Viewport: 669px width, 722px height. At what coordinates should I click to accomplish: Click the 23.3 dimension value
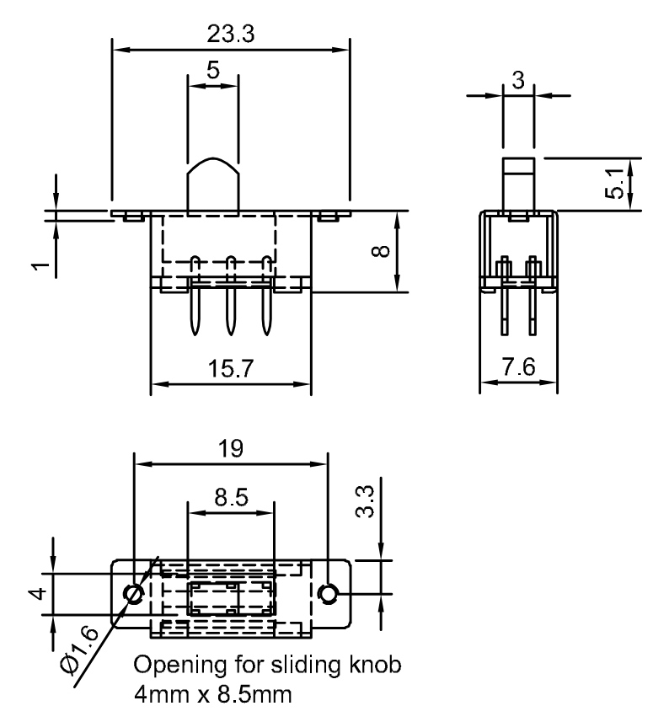[x=229, y=34]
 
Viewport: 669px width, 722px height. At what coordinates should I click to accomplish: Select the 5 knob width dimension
[x=212, y=71]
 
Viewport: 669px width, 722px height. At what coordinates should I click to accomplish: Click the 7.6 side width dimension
[x=516, y=369]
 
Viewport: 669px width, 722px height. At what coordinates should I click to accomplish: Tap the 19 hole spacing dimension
[x=230, y=449]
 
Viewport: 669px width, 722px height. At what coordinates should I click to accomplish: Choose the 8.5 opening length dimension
[x=230, y=498]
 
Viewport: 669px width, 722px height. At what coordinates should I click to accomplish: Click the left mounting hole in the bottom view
[x=133, y=594]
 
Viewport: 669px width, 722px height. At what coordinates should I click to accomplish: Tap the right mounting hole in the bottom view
[x=329, y=594]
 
